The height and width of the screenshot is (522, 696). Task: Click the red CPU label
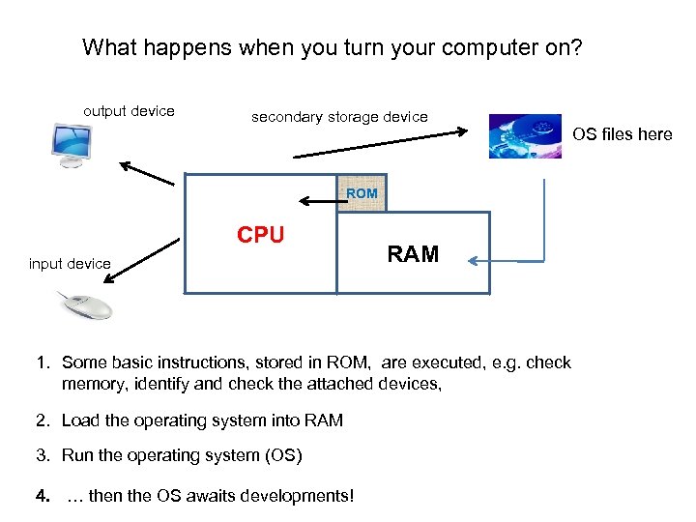(261, 235)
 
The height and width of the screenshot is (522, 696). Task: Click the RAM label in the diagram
(413, 254)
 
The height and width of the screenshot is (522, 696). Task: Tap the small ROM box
(362, 193)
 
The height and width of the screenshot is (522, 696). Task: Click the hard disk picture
(524, 136)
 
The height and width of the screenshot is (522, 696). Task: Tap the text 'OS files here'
(622, 134)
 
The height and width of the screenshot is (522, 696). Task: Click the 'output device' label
(129, 111)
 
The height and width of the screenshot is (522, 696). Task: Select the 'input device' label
(70, 264)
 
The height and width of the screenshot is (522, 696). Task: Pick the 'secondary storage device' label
(339, 117)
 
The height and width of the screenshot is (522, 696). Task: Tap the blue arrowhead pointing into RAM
(476, 260)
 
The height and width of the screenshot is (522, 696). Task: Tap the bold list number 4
(41, 497)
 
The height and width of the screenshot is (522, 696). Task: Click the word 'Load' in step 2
(80, 420)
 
